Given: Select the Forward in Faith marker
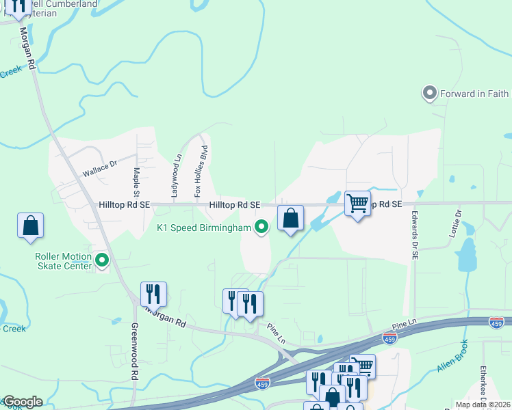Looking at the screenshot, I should (x=431, y=94).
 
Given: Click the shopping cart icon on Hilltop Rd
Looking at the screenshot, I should (x=357, y=203).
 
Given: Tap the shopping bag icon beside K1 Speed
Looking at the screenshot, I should (x=290, y=219).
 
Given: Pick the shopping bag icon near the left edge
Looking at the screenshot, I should (x=31, y=226).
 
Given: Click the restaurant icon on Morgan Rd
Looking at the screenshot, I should (x=153, y=295).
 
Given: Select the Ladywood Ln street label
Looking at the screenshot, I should (x=175, y=176).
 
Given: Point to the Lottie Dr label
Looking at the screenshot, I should (x=457, y=223).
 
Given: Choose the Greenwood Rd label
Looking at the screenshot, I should (x=134, y=352).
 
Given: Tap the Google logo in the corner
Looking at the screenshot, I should (x=22, y=402).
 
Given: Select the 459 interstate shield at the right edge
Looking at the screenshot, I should (x=497, y=322).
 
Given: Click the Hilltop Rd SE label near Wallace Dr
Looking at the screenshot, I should (x=124, y=204).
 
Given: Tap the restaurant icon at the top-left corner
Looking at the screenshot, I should (x=17, y=8).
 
